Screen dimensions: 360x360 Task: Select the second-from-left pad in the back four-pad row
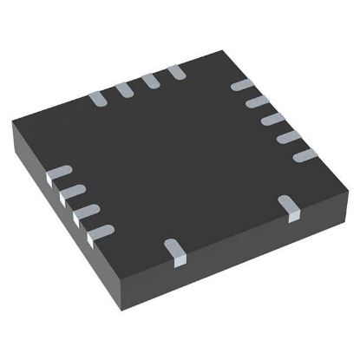(124, 87)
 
